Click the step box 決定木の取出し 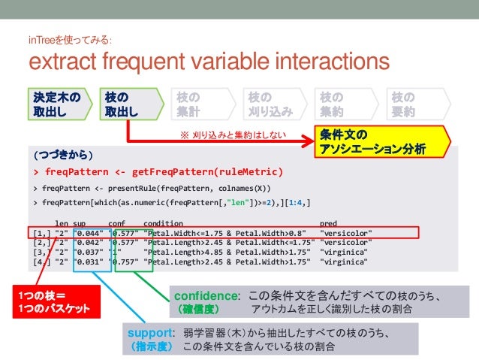click(x=56, y=104)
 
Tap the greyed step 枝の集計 click(x=197, y=104)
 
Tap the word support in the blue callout click(x=150, y=333)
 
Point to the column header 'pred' click(x=328, y=223)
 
